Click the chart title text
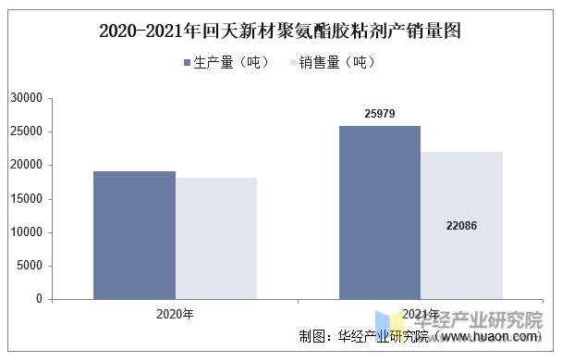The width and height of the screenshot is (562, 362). [280, 31]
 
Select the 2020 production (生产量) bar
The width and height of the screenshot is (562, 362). [135, 235]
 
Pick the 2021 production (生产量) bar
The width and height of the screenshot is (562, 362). [380, 212]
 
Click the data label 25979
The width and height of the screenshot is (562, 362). [379, 113]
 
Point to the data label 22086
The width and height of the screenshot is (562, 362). [461, 225]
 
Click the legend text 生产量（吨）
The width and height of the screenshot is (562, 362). [232, 63]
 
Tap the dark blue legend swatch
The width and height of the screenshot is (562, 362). [188, 63]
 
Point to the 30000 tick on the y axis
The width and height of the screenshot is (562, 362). [27, 97]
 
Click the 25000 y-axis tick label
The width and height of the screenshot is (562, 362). [27, 131]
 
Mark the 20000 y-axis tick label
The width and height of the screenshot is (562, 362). [27, 165]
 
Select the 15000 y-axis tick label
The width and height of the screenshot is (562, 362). [27, 198]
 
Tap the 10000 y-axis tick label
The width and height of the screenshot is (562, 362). [27, 231]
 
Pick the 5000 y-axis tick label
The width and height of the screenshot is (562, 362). [31, 266]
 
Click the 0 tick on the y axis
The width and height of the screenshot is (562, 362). [40, 299]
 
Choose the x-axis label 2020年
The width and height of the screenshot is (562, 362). [175, 314]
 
